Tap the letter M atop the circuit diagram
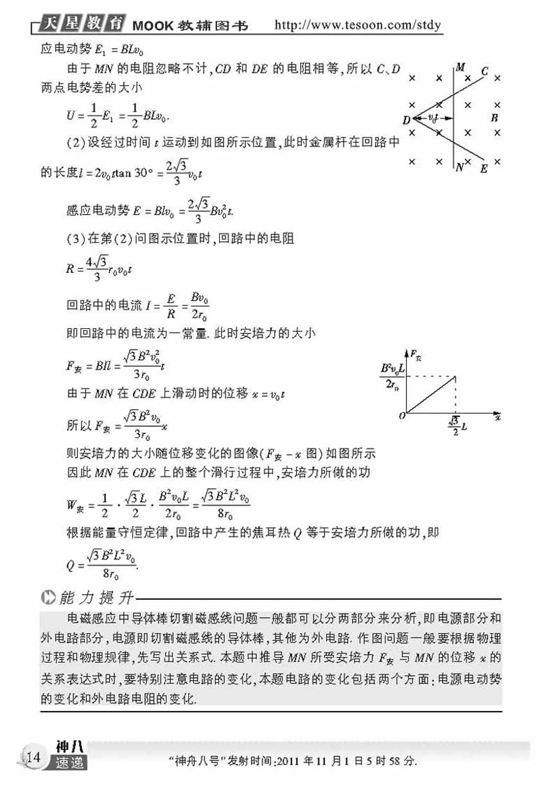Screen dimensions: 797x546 tap(459, 66)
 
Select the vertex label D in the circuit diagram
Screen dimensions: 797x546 tap(406, 119)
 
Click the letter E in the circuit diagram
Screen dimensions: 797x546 tap(484, 168)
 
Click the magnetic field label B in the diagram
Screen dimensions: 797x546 tap(494, 118)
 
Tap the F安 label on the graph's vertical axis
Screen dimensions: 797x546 tap(416, 355)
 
